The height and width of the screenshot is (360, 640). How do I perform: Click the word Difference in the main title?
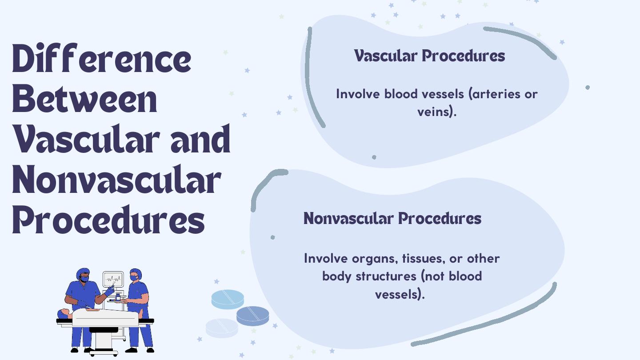point(102,58)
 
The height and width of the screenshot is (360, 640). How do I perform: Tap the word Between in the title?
point(84,99)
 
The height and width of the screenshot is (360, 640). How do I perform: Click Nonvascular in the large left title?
point(116,180)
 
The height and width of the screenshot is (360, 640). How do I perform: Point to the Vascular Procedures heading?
point(429,56)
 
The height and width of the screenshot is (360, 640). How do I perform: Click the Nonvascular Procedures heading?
point(392,218)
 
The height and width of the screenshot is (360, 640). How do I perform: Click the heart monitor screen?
point(113,279)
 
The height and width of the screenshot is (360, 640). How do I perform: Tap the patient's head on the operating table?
point(64,313)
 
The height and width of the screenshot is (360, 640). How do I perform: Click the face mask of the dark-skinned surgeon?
point(84,279)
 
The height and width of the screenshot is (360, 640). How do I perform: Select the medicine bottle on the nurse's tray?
point(118,297)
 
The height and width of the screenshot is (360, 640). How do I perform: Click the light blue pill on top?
point(228,299)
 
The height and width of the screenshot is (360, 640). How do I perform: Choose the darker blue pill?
point(252,316)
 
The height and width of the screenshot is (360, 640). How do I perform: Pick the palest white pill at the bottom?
point(222,328)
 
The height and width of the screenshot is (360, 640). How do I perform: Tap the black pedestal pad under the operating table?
point(104,330)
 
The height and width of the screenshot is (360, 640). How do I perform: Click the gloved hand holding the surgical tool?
point(109,291)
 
